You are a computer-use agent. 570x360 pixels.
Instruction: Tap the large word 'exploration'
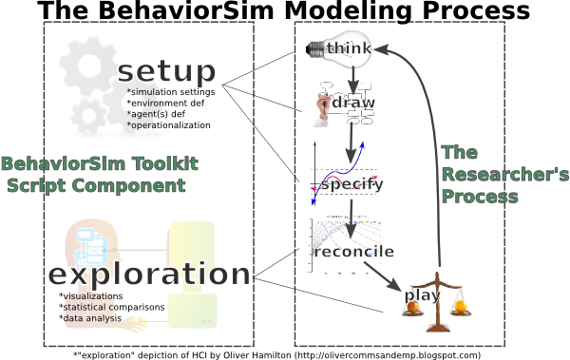[149, 275]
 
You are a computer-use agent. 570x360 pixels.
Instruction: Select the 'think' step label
[349, 48]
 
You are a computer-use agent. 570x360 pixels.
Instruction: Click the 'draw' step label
[353, 103]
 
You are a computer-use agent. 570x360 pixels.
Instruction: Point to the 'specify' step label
[351, 184]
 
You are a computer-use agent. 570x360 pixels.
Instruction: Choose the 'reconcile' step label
[354, 252]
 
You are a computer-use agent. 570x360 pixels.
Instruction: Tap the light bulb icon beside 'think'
[315, 47]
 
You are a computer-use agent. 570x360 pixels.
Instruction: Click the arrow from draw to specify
[352, 141]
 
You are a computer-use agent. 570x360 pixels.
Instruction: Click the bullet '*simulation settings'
[171, 92]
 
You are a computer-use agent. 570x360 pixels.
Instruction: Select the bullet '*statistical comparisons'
[112, 307]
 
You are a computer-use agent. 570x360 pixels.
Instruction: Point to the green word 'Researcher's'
[503, 175]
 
